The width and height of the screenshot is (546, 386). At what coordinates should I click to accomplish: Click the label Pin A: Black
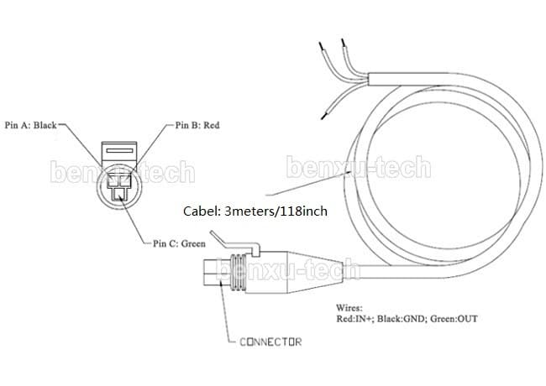pyautogui.click(x=30, y=125)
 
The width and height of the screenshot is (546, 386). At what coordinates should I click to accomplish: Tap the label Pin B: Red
pyautogui.click(x=198, y=125)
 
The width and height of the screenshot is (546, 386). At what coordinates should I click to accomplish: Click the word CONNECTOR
pyautogui.click(x=270, y=342)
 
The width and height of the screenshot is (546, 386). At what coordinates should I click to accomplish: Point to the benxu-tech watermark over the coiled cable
pyautogui.click(x=358, y=167)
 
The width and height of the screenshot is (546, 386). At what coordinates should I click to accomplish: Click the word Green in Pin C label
pyautogui.click(x=193, y=243)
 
